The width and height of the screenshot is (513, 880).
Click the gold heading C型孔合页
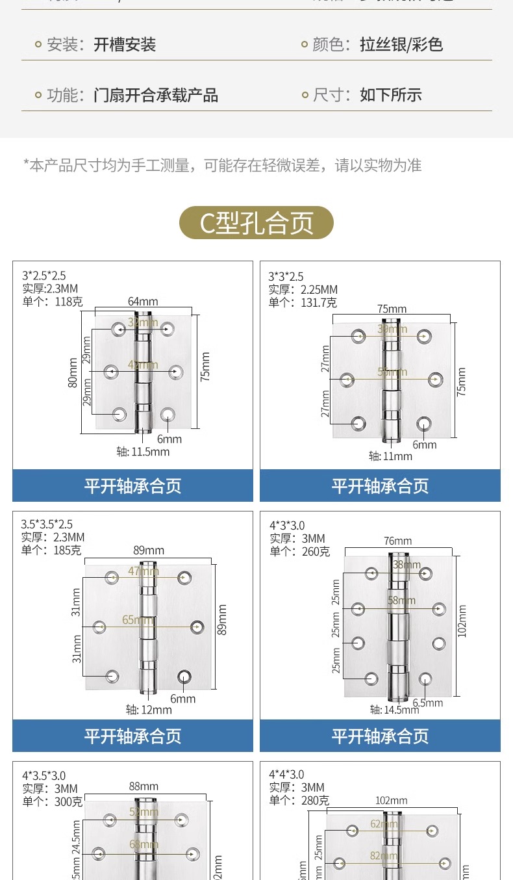[256, 223]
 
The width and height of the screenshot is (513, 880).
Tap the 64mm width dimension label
[143, 302]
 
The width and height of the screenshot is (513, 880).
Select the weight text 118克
[68, 302]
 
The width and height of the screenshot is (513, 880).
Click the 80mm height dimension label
[73, 372]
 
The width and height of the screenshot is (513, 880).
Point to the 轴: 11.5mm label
[143, 452]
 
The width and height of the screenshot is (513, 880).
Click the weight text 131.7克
[318, 302]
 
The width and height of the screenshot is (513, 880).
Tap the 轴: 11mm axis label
[390, 456]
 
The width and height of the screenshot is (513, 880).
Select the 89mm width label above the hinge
[149, 550]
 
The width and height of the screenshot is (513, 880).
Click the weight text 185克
[68, 550]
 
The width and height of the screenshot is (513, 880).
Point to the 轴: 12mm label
[149, 710]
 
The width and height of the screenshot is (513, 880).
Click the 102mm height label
[462, 621]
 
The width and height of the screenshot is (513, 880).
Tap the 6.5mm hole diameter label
[428, 703]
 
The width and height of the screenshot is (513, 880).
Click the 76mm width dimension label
[397, 541]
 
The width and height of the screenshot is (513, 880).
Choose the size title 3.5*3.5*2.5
[47, 524]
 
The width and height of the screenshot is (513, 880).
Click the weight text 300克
[68, 801]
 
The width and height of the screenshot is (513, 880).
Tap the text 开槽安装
[125, 45]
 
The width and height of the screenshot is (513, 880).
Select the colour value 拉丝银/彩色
[401, 45]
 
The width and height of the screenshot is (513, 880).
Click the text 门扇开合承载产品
[156, 96]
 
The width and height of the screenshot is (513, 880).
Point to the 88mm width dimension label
[144, 787]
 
